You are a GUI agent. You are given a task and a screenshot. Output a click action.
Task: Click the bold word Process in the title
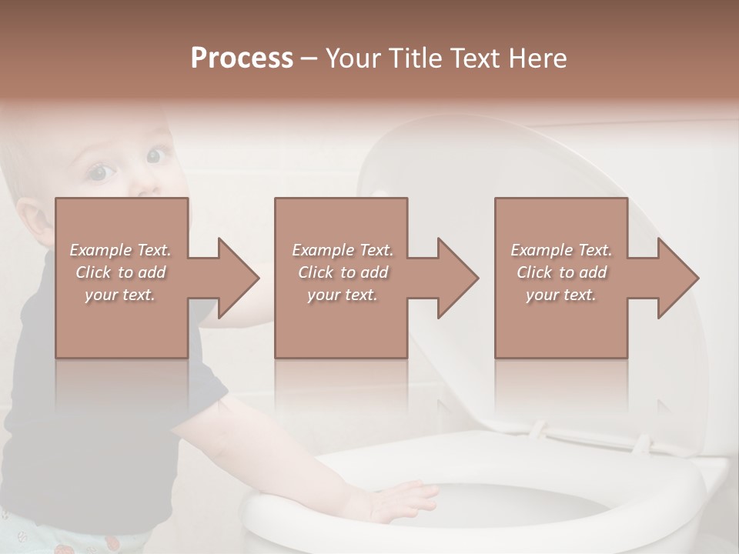[x=242, y=58]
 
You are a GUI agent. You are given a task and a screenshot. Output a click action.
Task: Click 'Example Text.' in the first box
[x=121, y=250]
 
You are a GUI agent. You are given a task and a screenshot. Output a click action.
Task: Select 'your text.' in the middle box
[x=343, y=295]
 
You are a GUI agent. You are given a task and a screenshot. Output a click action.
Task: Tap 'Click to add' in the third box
[x=562, y=272]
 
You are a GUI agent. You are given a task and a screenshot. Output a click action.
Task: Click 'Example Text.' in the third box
[x=562, y=250]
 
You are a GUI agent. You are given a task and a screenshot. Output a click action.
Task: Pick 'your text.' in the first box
[x=121, y=295]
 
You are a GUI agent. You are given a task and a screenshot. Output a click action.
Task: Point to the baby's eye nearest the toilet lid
[x=158, y=155]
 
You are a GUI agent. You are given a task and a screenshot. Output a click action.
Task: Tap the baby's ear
[x=29, y=219]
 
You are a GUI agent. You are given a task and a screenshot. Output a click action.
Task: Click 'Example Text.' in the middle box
[x=343, y=250]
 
